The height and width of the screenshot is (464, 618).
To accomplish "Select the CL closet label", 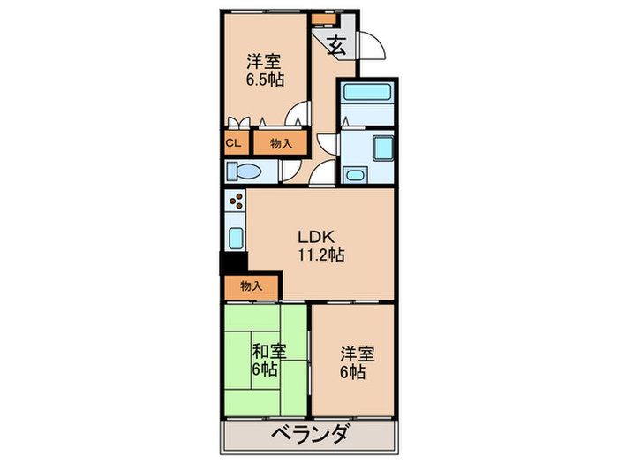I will coord(233,142).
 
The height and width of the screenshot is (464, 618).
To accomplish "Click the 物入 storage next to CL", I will coord(281,142).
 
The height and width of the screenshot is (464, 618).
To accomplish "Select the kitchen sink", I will coord(236,237).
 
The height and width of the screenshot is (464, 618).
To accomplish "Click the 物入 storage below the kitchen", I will coord(252,285).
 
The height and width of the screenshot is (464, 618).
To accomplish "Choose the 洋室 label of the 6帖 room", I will coord(358,354).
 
